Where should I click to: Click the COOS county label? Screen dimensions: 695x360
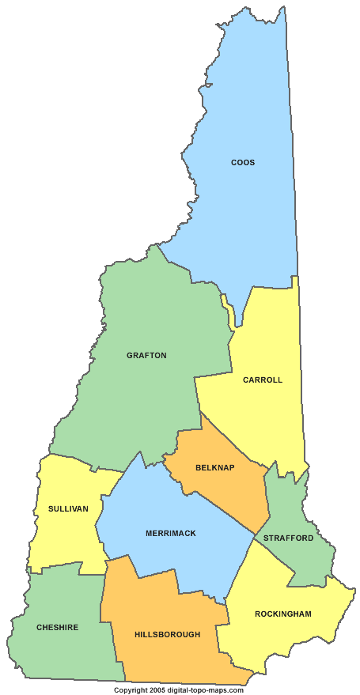point(243,163)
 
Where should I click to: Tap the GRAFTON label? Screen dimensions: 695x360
point(146,356)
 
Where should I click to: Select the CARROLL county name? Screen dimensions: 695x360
point(262,380)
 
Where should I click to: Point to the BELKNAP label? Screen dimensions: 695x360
point(214,468)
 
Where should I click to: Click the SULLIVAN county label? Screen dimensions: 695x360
point(68,508)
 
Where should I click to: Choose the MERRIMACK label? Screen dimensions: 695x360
point(170,534)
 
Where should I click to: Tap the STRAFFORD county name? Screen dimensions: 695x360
point(288,538)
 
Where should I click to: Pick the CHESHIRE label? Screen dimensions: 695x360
point(57,628)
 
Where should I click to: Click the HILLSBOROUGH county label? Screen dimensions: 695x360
point(167,634)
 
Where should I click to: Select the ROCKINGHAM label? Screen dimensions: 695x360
point(282,614)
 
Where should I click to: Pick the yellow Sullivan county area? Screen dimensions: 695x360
point(63,538)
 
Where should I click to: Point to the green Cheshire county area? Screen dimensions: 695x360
point(63,656)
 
